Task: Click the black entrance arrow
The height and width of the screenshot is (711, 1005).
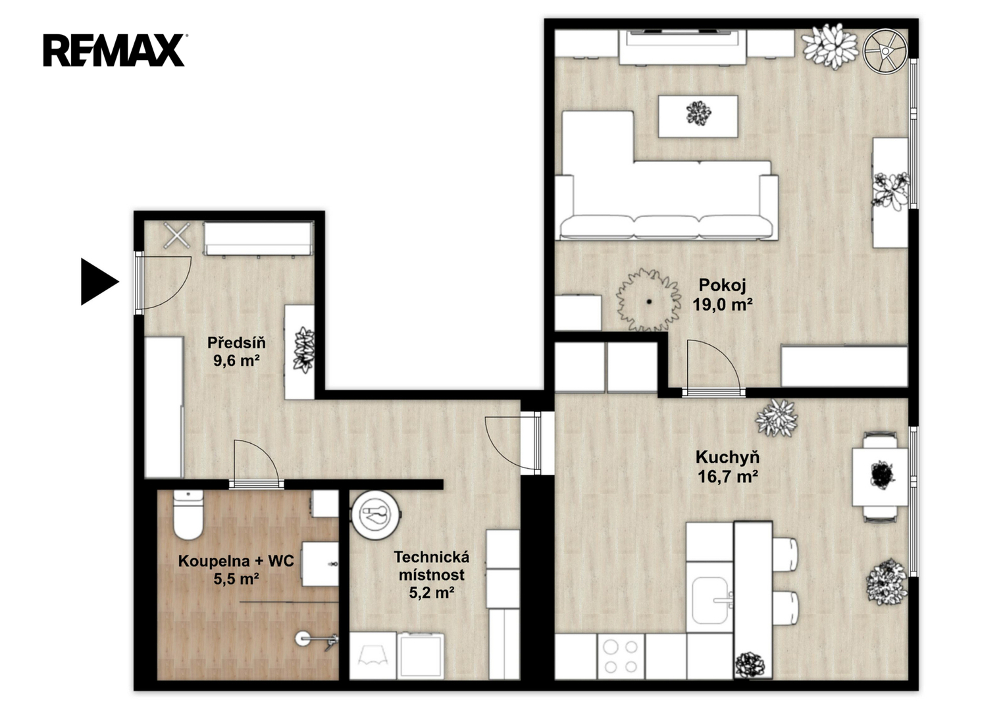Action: (x=99, y=282)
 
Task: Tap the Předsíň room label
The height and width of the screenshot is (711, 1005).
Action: (x=236, y=343)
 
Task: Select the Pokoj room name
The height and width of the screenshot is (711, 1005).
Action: (x=723, y=285)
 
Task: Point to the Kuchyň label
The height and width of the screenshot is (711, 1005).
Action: (x=727, y=458)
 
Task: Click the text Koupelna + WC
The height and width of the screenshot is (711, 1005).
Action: (x=236, y=561)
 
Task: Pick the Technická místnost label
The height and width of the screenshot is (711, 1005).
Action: (x=432, y=566)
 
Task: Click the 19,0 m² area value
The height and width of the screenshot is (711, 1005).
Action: (x=723, y=305)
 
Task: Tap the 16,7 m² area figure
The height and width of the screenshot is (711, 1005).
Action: (x=728, y=476)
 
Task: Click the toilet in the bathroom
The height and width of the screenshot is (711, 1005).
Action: (x=188, y=514)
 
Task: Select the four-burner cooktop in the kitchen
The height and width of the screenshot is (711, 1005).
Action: (x=621, y=656)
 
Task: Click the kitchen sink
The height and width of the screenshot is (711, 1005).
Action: (x=710, y=600)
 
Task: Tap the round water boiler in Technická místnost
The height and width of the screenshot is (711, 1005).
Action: (x=376, y=514)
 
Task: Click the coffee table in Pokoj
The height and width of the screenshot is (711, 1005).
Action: (x=698, y=117)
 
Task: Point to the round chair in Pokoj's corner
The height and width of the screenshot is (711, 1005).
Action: (x=885, y=51)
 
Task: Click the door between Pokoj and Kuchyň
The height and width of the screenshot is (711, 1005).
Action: (x=713, y=367)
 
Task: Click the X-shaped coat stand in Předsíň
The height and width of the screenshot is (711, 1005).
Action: (x=177, y=235)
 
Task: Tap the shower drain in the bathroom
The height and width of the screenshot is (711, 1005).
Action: (x=302, y=639)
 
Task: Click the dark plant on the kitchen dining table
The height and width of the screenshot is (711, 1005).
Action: (x=882, y=474)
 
